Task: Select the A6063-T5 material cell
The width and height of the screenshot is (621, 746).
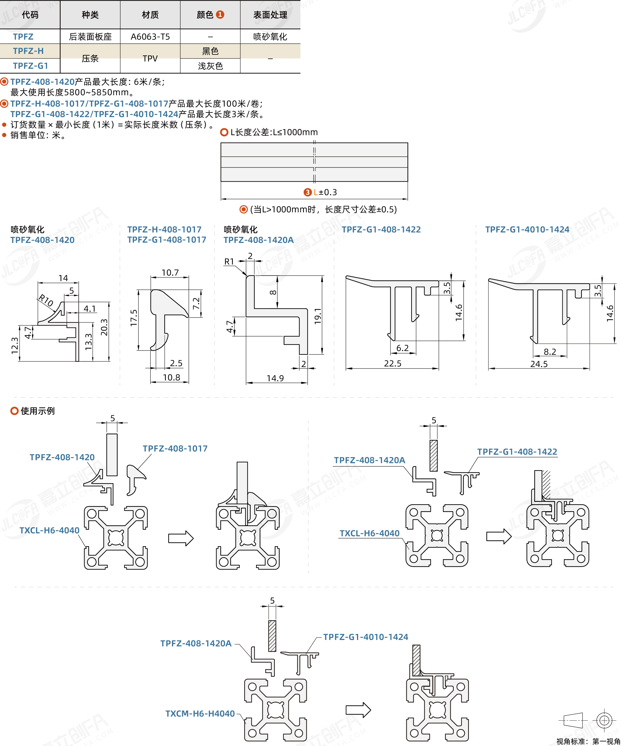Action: click(x=150, y=37)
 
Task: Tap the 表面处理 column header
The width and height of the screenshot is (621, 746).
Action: click(x=270, y=15)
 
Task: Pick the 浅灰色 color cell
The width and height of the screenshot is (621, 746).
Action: click(x=210, y=66)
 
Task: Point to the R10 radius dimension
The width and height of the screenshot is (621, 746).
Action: click(x=46, y=300)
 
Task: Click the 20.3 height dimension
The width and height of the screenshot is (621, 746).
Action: click(x=104, y=327)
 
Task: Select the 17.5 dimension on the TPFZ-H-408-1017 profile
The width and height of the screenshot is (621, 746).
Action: click(x=134, y=318)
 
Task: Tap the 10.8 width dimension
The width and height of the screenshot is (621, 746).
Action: click(x=171, y=377)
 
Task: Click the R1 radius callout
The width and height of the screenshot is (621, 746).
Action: click(x=229, y=262)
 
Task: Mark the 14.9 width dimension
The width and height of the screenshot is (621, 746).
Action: click(x=275, y=378)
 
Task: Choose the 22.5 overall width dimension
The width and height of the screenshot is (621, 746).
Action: click(x=393, y=364)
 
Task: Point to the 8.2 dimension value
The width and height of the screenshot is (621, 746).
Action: click(x=550, y=352)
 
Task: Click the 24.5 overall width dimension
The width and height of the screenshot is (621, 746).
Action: click(x=539, y=364)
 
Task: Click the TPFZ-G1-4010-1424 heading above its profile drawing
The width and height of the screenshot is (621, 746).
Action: click(x=527, y=230)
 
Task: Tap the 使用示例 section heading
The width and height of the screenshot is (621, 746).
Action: click(x=37, y=411)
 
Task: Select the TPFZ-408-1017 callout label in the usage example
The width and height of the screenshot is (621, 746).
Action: click(x=175, y=449)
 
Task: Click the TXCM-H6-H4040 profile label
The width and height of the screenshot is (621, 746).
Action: click(x=200, y=714)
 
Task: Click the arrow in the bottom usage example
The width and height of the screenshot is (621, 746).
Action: click(x=358, y=710)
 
